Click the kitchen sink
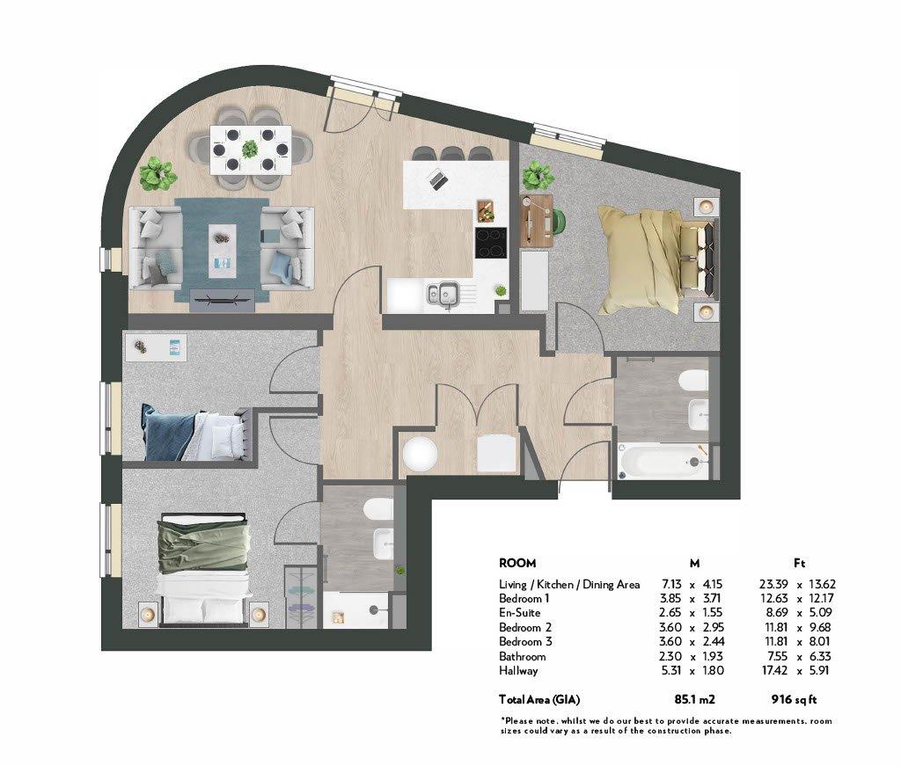tap(443, 295)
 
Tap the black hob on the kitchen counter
tap(491, 243)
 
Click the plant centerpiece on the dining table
tap(250, 150)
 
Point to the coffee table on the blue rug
tap(223, 251)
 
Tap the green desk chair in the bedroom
tap(560, 222)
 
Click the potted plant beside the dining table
tap(157, 174)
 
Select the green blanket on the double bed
tap(204, 543)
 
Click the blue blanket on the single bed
tap(167, 433)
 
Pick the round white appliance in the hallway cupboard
tap(420, 454)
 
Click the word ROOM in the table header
tap(517, 564)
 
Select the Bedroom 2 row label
tap(525, 628)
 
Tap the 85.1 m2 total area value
tap(694, 699)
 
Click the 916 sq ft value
tap(794, 699)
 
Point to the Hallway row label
tap(518, 671)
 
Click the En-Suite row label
tap(519, 613)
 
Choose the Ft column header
tap(799, 564)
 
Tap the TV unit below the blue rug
tap(222, 300)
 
